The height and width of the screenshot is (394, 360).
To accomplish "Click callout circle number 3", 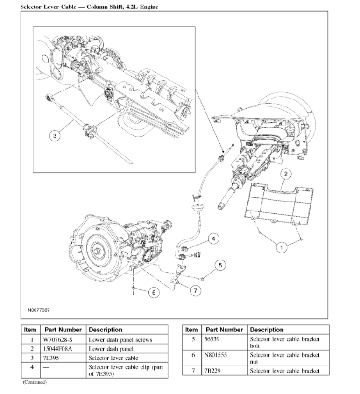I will [55, 136].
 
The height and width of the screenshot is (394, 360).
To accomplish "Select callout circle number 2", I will [286, 174].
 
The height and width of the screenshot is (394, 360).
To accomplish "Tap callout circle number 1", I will [281, 247].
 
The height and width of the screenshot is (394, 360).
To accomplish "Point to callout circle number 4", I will [213, 239].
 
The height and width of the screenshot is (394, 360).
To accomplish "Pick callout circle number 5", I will [220, 265].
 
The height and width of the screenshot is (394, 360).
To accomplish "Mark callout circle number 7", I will [195, 290].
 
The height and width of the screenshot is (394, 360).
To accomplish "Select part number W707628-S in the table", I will [58, 340].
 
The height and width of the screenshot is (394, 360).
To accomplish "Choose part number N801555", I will [216, 355].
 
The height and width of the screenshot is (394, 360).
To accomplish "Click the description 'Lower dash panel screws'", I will [120, 340].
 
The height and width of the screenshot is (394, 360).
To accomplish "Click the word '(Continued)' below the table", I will [35, 383].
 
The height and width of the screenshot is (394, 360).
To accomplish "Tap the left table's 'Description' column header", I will [106, 330].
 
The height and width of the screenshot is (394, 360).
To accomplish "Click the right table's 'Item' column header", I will [191, 330].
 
